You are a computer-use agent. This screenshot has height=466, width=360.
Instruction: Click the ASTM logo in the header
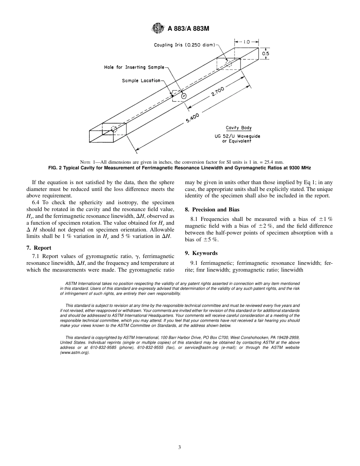pos(157,28)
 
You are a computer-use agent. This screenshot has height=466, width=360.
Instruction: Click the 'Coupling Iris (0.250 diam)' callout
pos(184,45)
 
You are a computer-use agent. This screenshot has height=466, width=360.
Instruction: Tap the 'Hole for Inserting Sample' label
pos(134,67)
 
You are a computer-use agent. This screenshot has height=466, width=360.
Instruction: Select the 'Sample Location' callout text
pos(141,81)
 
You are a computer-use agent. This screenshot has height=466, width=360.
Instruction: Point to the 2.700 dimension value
pos(218,92)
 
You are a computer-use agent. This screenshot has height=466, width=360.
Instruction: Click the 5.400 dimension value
pos(192,118)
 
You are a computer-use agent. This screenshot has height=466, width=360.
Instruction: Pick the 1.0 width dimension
pos(246,42)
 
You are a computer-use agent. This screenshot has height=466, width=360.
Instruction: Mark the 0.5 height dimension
pos(266,54)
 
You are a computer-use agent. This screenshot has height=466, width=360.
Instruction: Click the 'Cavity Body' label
pos(238,128)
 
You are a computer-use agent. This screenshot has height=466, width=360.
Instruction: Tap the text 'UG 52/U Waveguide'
pos(237,136)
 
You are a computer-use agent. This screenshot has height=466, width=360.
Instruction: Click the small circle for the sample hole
pos(184,96)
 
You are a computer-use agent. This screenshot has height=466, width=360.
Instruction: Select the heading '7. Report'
pos(39,248)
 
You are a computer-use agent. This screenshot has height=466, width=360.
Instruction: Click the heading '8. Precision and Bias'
pos(212,210)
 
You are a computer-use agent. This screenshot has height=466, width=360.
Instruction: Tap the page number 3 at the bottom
pos(180,447)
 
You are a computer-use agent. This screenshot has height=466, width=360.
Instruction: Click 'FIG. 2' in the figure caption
pos(56,168)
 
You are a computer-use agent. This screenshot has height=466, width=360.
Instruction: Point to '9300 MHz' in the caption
pos(301,168)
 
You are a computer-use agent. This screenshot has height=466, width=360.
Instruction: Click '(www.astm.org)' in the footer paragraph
pos(75,353)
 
